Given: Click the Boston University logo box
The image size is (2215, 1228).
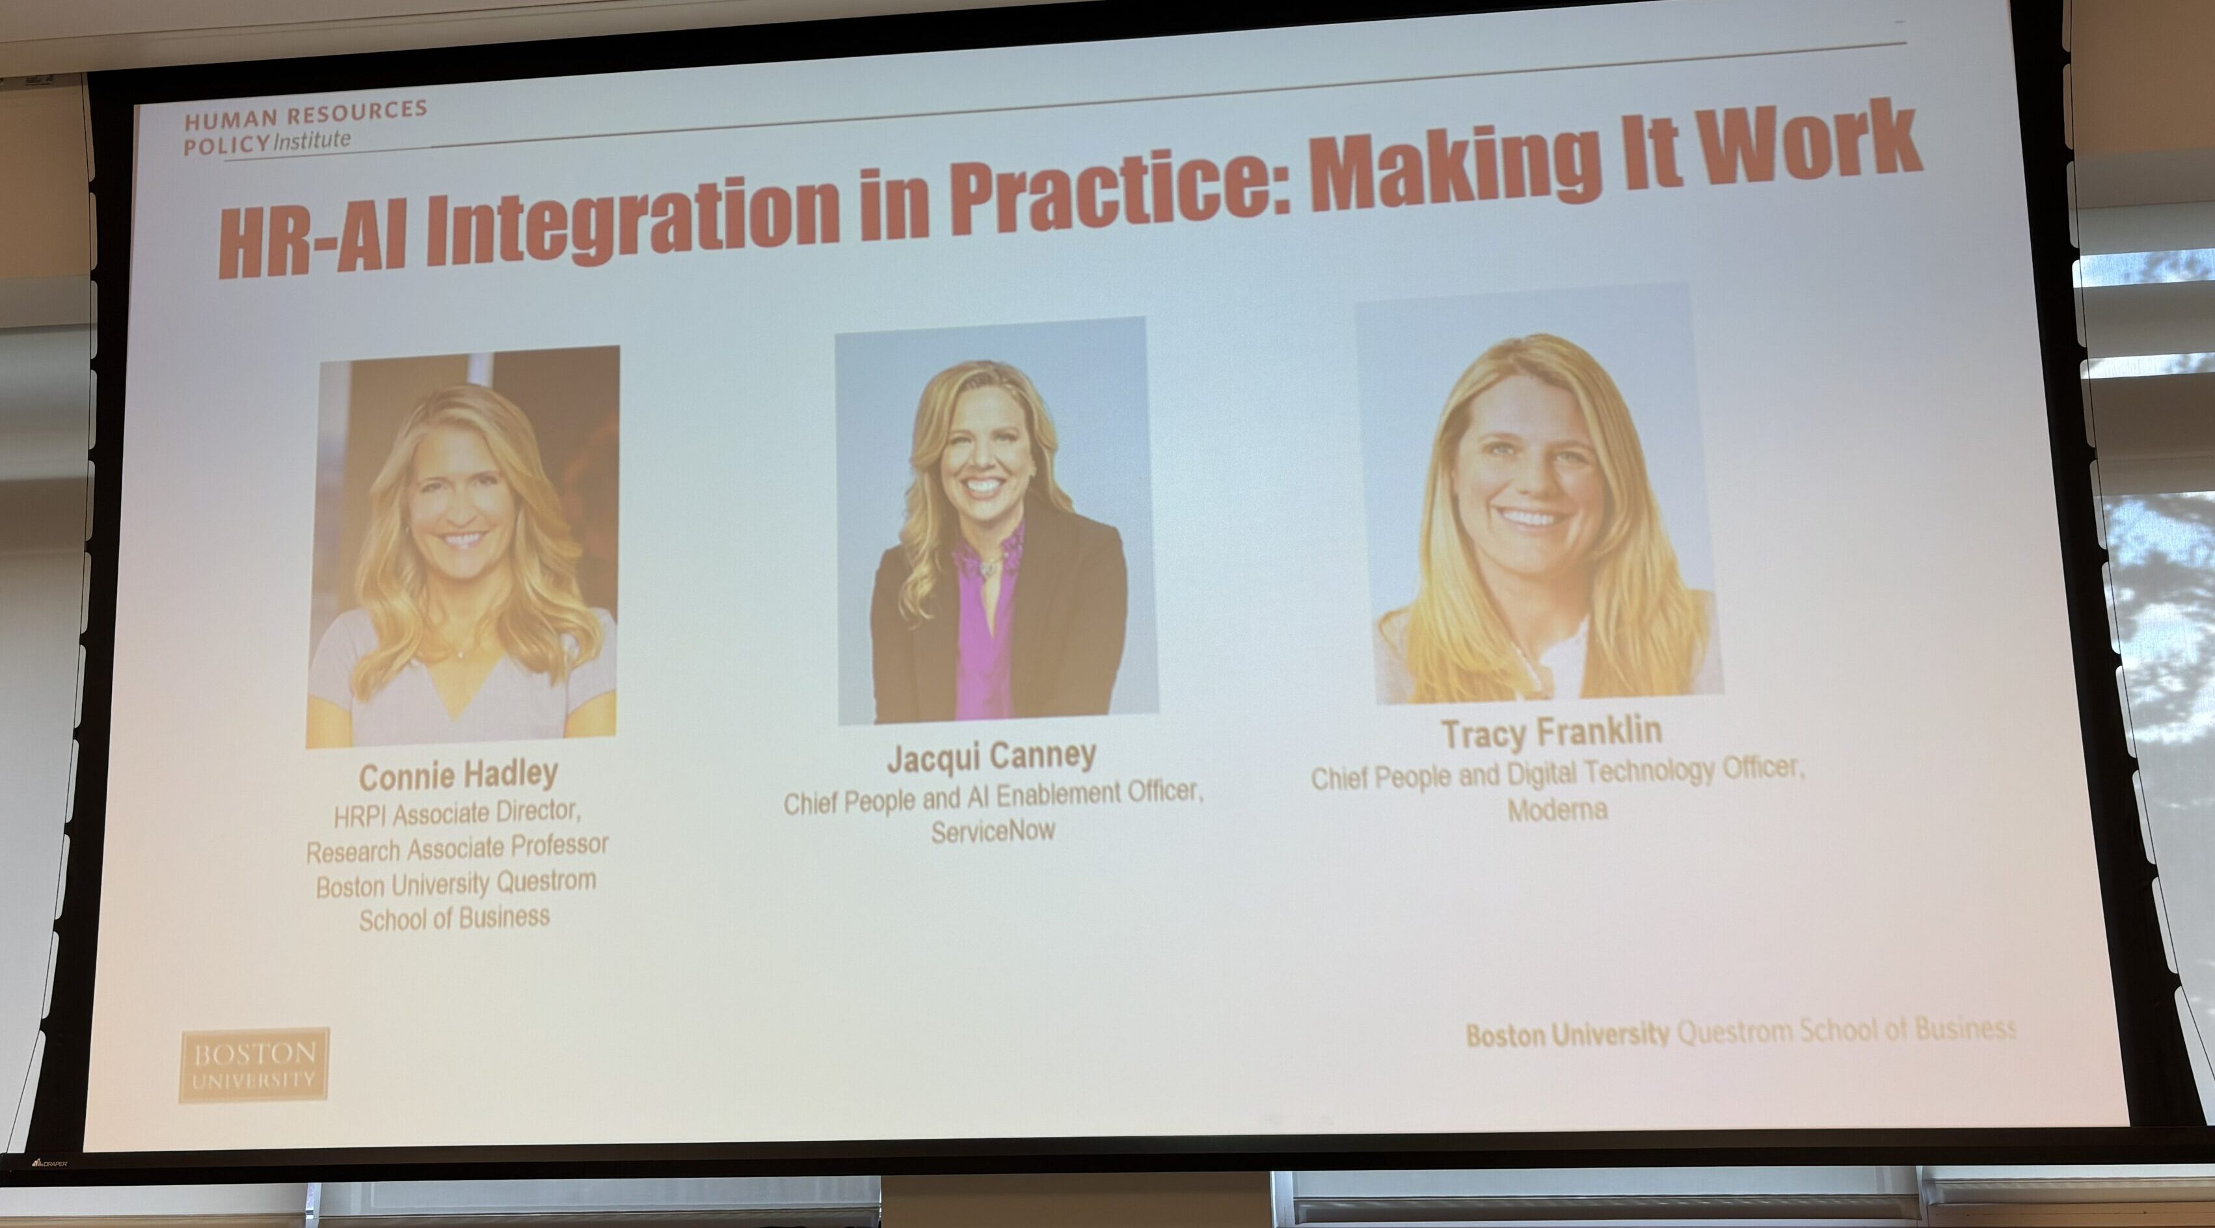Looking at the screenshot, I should (254, 1065).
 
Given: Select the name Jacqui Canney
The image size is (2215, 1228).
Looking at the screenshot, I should (991, 756).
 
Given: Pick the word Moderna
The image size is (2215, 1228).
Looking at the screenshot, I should (1557, 809).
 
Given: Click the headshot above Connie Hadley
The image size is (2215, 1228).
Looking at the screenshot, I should (463, 546).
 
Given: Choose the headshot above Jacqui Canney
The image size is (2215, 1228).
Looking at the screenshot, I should (996, 520).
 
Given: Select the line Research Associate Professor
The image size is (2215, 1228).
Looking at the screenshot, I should (457, 849).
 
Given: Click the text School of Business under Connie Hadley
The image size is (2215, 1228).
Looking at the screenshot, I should (454, 919).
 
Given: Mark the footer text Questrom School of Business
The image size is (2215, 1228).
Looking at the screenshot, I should (1846, 1030).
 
